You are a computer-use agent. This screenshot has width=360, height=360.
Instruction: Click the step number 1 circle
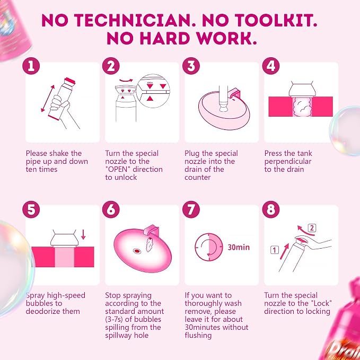click(31, 66)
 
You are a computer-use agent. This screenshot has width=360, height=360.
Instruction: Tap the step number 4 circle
click(271, 66)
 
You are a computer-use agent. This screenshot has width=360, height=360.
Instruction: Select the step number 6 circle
click(111, 209)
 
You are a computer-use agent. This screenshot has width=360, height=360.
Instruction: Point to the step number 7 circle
click(191, 209)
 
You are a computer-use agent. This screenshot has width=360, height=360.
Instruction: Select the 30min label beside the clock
click(239, 247)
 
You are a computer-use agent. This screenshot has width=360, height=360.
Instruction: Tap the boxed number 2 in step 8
click(312, 228)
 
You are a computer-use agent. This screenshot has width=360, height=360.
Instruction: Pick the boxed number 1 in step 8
click(275, 250)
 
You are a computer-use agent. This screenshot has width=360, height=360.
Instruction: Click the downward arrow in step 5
click(83, 234)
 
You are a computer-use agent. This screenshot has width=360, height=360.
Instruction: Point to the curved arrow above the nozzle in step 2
click(126, 81)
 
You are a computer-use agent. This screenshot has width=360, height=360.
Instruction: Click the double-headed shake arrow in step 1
click(48, 99)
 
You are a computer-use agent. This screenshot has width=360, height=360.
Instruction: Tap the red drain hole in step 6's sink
click(137, 251)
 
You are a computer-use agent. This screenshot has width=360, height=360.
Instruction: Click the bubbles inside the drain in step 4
click(302, 107)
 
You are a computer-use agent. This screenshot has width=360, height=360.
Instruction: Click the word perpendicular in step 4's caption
click(288, 162)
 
